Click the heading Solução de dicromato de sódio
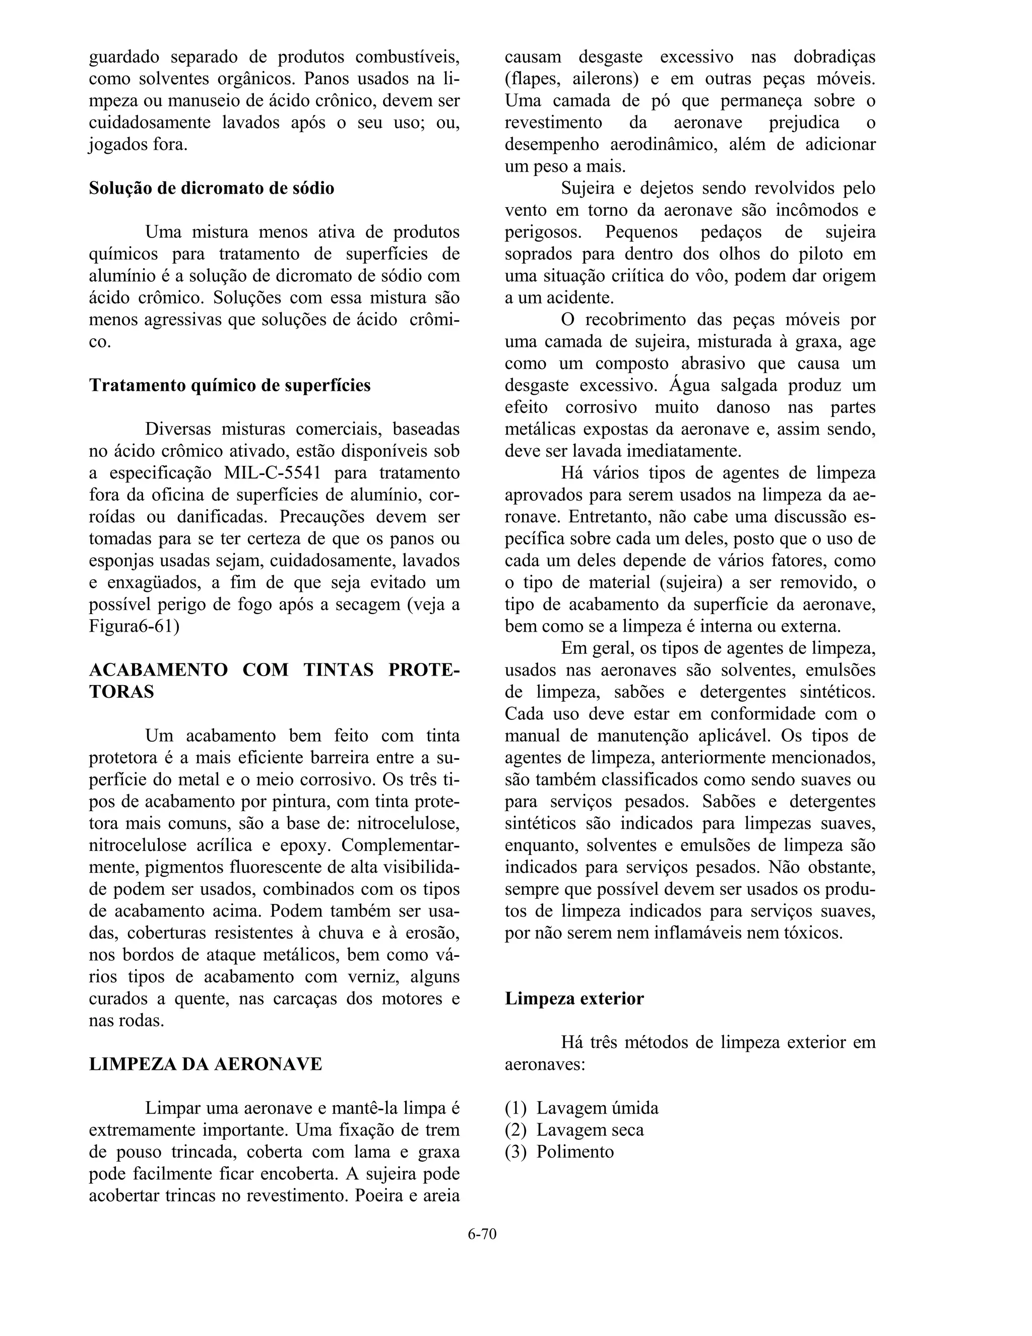[x=212, y=188]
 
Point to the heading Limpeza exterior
[x=574, y=998]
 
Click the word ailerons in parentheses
[x=605, y=79]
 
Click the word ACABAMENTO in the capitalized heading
[x=158, y=670]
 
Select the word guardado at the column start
[x=124, y=57]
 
